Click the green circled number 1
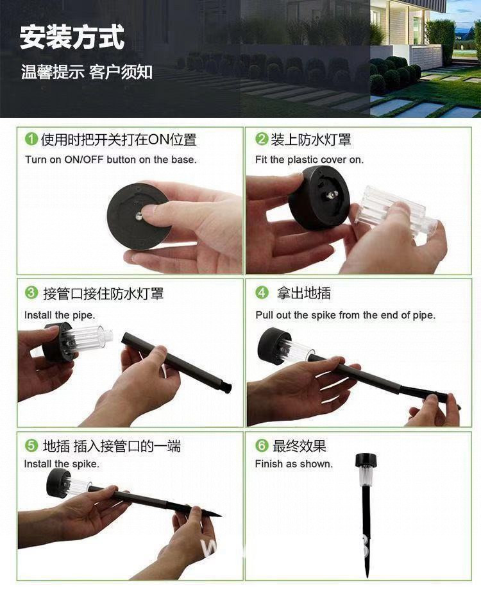[31, 139]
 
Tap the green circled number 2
[261, 139]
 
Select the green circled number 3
[31, 293]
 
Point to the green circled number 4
[261, 293]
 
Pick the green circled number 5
[31, 445]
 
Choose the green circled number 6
[261, 445]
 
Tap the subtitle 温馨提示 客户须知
[87, 72]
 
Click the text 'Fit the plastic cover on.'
[309, 159]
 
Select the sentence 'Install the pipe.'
[59, 315]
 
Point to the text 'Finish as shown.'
[294, 464]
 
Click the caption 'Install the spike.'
[62, 464]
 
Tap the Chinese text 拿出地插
[303, 293]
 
